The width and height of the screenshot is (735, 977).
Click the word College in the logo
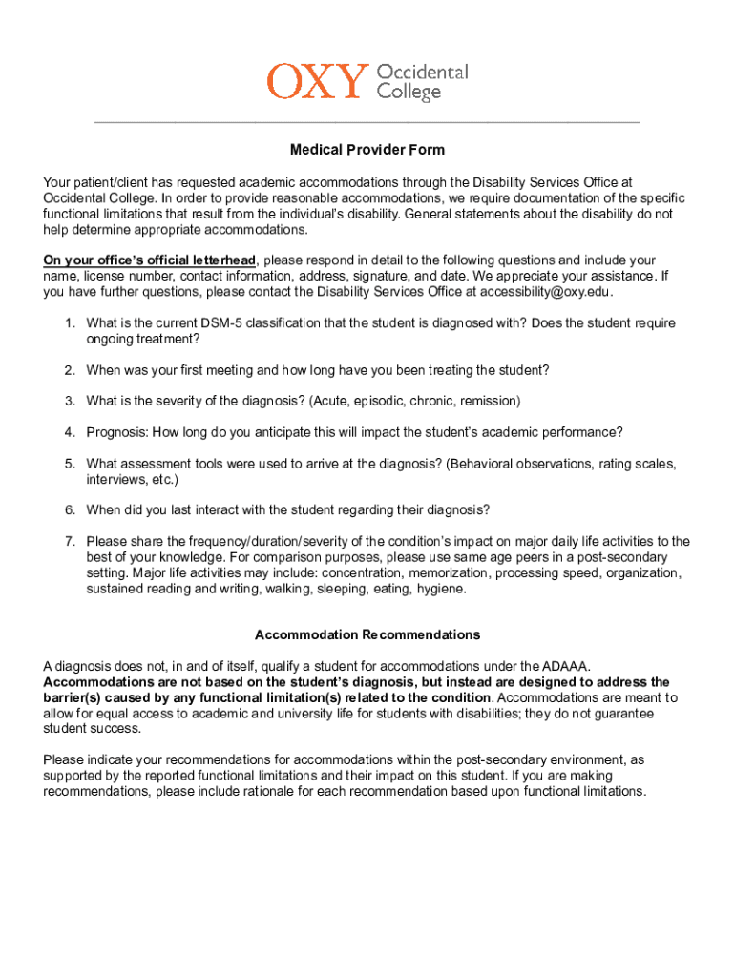tap(409, 93)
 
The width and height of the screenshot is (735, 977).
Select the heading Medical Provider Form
tap(367, 150)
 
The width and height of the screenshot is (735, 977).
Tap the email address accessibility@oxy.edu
tap(545, 292)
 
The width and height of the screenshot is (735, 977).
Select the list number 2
tap(70, 370)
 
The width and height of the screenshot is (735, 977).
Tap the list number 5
tap(70, 464)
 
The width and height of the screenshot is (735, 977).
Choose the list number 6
tap(70, 509)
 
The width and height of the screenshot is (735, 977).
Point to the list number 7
tap(70, 542)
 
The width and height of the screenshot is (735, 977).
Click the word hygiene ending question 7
tap(441, 589)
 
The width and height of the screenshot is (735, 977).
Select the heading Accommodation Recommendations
tap(367, 634)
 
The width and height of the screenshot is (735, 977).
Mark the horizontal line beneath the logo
tap(367, 123)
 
